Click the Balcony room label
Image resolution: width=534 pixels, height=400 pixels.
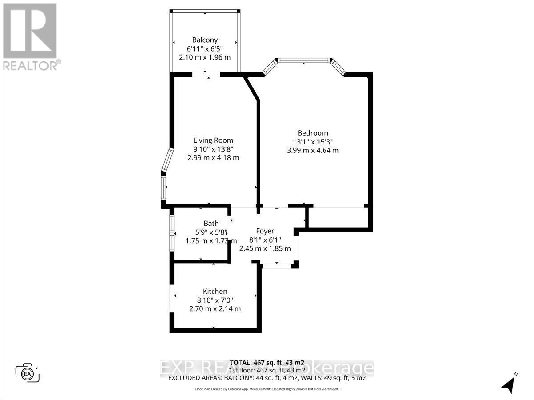(205, 40)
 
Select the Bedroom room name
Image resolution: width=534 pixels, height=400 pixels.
(313, 133)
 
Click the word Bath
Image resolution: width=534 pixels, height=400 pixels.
(211, 223)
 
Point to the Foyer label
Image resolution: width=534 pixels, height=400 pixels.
(265, 231)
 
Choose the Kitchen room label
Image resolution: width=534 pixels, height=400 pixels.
(215, 292)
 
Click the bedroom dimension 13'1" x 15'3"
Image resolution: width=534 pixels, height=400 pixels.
(313, 142)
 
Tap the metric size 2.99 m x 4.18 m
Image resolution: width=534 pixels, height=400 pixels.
(213, 157)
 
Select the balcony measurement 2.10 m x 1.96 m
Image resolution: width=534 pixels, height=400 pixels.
(205, 57)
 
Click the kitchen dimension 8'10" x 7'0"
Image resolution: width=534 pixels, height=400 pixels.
(215, 300)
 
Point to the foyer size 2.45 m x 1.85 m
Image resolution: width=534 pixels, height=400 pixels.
(265, 248)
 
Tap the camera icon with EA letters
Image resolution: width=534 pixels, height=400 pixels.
(28, 372)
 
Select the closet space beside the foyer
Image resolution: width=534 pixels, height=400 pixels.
(338, 217)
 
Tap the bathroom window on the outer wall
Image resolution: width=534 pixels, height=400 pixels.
(171, 234)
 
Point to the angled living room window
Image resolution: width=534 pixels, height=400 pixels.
(167, 160)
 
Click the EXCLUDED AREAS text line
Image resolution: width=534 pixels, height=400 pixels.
(267, 378)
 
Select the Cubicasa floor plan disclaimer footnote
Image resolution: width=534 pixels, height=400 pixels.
(267, 389)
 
